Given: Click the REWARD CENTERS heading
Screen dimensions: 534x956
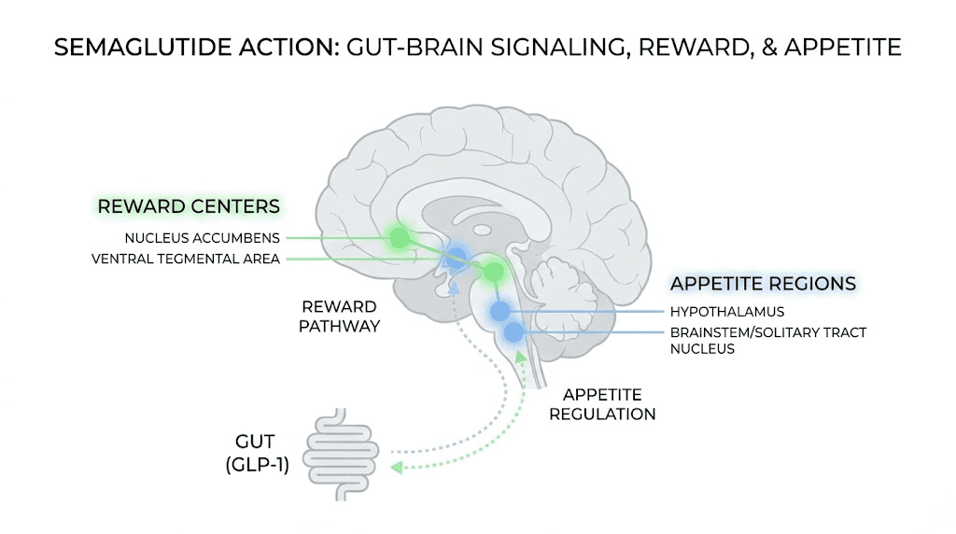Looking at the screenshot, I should tap(190, 205).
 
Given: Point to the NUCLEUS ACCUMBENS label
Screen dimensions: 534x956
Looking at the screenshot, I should tap(202, 237).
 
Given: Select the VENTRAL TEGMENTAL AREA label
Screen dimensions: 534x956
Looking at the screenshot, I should tap(186, 259).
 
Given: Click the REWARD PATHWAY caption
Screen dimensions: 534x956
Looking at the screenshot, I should tap(340, 316).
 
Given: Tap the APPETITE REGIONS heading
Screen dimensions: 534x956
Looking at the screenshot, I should tap(763, 284).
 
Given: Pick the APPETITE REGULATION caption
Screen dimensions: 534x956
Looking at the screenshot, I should tap(602, 403).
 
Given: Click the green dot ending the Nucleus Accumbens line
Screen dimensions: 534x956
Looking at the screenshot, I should tap(399, 237).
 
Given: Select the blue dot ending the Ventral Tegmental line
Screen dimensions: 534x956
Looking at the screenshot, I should tap(457, 258).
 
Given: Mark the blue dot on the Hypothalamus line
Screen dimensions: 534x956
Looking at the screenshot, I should tap(501, 311).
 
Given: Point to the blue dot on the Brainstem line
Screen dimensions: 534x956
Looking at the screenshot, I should tap(513, 332).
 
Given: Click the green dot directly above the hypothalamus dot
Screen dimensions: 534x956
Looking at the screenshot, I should tap(492, 272).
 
